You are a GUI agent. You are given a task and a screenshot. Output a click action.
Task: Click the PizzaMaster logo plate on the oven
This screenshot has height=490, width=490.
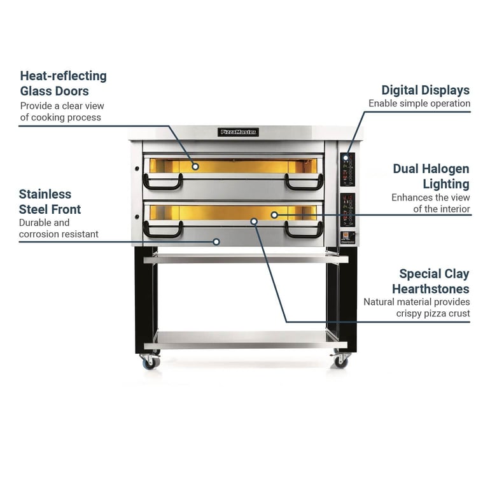coord(238,132)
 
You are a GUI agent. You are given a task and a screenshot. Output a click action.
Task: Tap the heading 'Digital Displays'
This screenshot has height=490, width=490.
coord(425,90)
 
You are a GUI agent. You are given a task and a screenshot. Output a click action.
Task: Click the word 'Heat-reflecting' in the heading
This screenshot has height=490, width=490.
coord(64,76)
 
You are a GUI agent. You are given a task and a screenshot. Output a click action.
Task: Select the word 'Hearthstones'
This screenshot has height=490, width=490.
coord(431,289)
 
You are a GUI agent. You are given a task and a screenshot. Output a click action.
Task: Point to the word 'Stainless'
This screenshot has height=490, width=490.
coord(45,194)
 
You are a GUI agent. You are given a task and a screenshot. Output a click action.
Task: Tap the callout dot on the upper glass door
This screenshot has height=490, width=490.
coord(195,167)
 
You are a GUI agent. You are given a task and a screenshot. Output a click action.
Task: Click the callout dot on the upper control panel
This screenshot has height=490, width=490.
coord(346,158)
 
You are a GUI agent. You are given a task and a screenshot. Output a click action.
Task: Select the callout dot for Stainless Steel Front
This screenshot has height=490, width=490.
coord(216,242)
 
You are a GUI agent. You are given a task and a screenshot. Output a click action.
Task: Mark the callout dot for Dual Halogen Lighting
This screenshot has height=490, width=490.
coord(274,215)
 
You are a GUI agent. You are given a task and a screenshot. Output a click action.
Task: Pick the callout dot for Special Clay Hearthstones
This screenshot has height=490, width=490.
coord(254,221)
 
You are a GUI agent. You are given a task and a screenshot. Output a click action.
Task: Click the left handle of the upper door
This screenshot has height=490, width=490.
coord(163,182)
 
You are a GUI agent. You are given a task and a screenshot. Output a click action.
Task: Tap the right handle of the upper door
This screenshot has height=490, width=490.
coord(304,182)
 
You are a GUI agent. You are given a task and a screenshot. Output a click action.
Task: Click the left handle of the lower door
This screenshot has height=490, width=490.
coord(163,230)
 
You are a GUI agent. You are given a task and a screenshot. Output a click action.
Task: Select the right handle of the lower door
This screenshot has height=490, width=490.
coord(304,230)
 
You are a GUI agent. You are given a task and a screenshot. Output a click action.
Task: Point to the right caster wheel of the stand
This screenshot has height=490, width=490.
coord(340,361)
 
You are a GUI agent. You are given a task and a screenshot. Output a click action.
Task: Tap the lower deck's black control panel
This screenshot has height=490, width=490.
coord(348,210)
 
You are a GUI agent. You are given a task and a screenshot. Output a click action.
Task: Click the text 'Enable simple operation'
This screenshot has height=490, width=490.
coord(419,104)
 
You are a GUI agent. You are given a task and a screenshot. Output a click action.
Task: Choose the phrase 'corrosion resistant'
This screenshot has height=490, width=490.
coord(59,234)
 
